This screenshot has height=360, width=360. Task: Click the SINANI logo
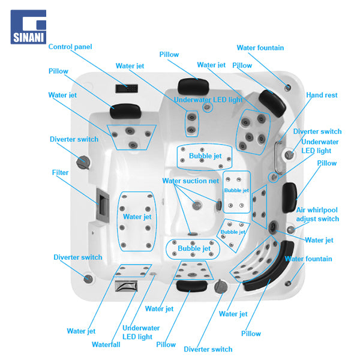[x=28, y=26]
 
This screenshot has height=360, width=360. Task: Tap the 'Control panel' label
[x=70, y=47]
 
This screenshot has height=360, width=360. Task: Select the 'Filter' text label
[x=60, y=173]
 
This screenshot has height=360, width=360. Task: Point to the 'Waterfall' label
[x=106, y=344]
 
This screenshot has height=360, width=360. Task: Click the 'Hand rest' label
[x=322, y=95]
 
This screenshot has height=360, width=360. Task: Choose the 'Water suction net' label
[x=190, y=181]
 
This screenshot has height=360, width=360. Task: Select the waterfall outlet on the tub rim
[x=126, y=286]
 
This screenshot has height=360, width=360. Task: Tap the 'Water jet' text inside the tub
[x=137, y=217]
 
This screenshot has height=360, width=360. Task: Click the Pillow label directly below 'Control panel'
[x=58, y=71]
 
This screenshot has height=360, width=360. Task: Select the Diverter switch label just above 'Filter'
[x=74, y=139]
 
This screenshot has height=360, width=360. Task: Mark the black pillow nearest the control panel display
[x=125, y=108]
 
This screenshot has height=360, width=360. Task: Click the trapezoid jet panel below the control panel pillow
[x=131, y=136]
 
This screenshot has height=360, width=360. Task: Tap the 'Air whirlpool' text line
[x=317, y=210]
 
